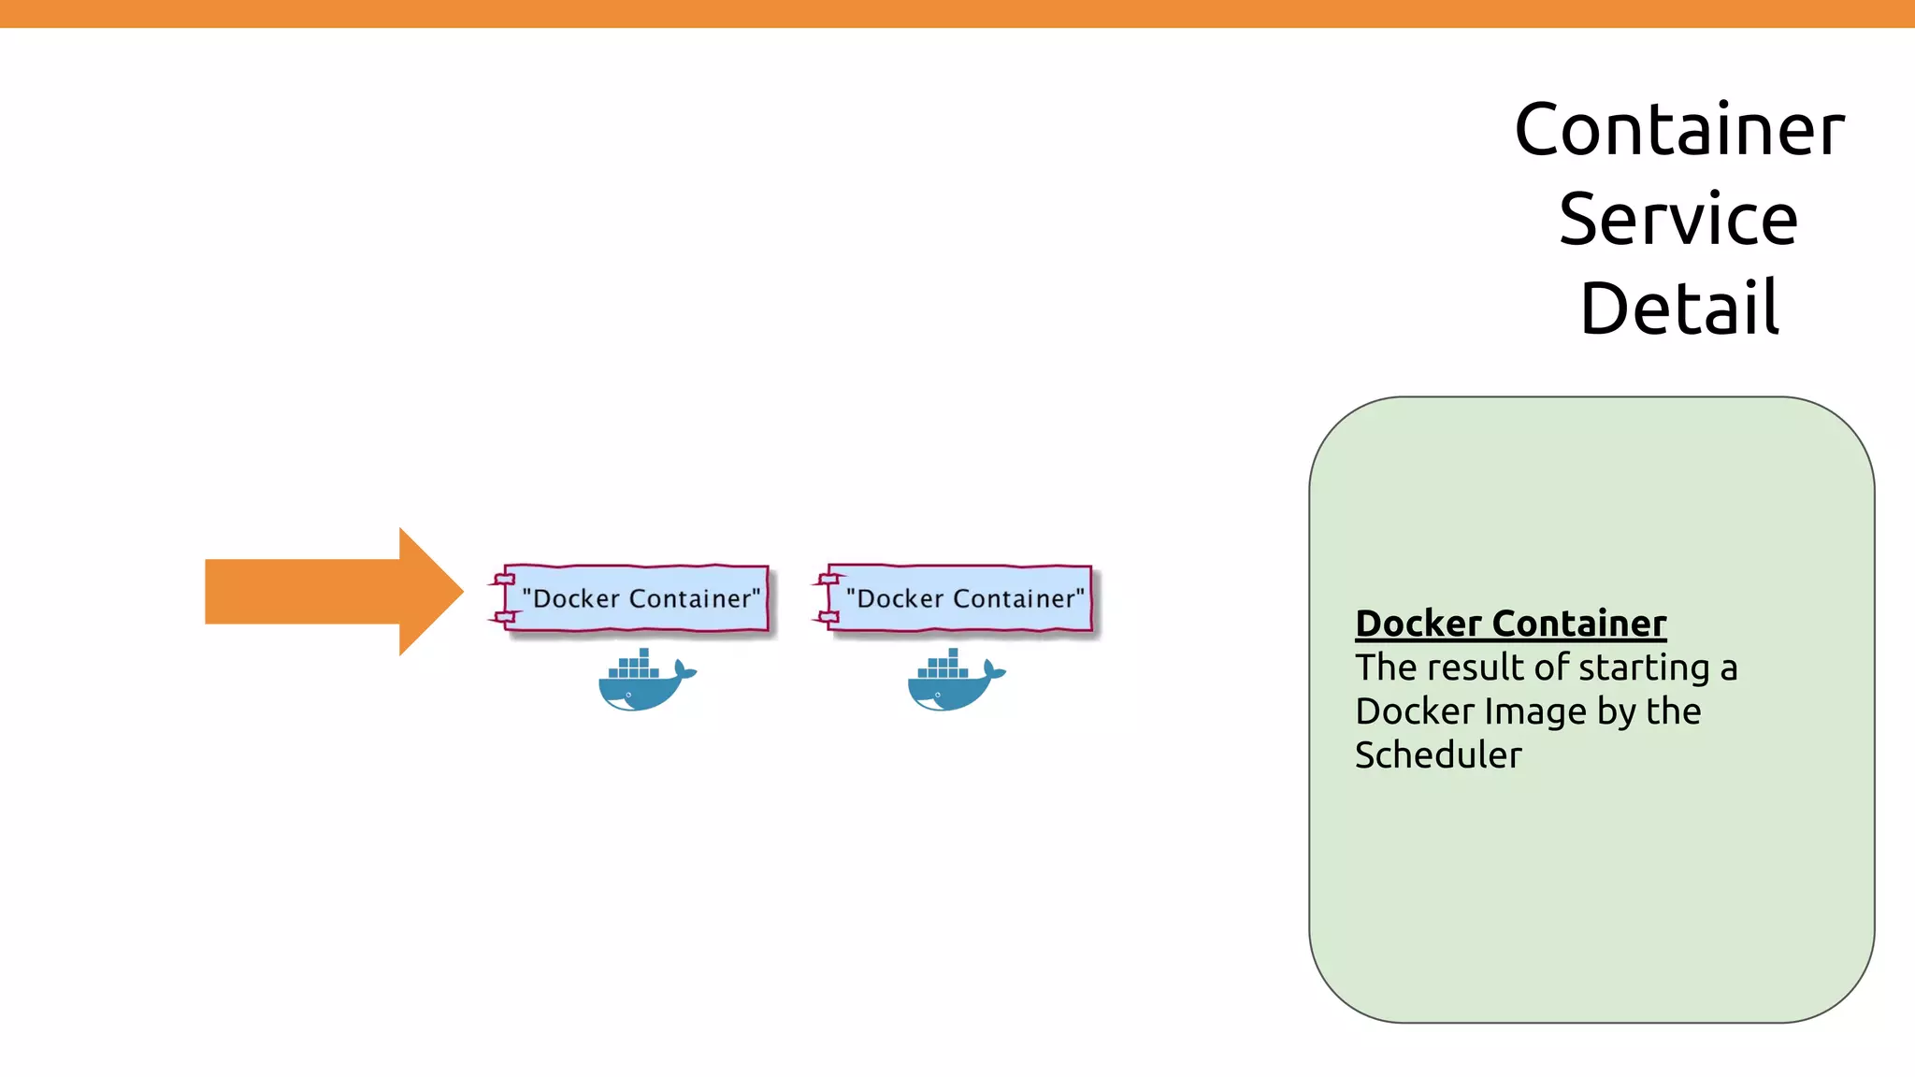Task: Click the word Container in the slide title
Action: [1679, 130]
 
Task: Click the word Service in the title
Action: [1678, 220]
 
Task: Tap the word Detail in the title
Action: [1679, 309]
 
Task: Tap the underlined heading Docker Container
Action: [1510, 624]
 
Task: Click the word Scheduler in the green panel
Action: [1438, 755]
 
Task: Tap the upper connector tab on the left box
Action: [504, 580]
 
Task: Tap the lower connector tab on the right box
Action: [828, 616]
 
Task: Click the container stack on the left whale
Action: [634, 667]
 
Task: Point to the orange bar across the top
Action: [957, 13]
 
